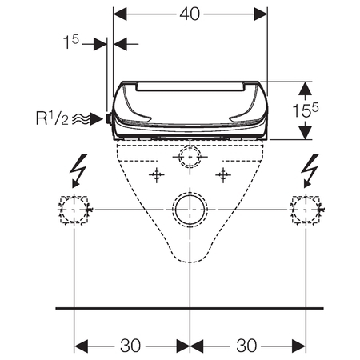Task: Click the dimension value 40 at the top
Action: pos(190,14)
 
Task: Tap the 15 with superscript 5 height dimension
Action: pos(306,110)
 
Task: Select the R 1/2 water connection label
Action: pos(52,118)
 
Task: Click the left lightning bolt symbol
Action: pos(78,170)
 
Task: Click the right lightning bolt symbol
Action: pos(310,170)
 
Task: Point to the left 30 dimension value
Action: pos(130,346)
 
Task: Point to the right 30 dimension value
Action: pos(246,346)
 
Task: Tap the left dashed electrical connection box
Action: pos(74,210)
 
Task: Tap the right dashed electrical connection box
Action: pos(306,210)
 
